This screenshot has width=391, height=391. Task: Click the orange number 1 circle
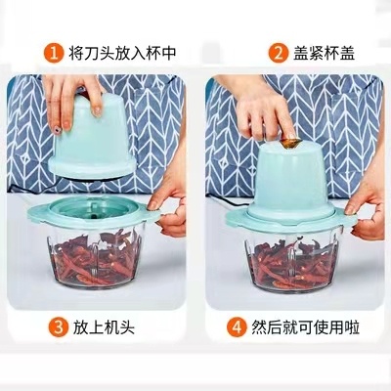click(54, 54)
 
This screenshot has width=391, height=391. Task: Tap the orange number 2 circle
click(279, 54)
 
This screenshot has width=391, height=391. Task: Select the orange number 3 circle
click(59, 327)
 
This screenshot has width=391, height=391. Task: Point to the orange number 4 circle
click(237, 327)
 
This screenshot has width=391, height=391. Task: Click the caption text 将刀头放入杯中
click(122, 53)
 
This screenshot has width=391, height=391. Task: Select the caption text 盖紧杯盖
click(324, 53)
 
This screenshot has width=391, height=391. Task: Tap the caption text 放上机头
click(104, 327)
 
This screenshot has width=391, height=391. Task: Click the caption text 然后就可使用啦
click(305, 327)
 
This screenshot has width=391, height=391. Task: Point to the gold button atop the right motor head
click(290, 143)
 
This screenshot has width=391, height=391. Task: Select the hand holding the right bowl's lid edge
click(365, 208)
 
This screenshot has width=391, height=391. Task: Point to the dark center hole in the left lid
click(94, 215)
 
